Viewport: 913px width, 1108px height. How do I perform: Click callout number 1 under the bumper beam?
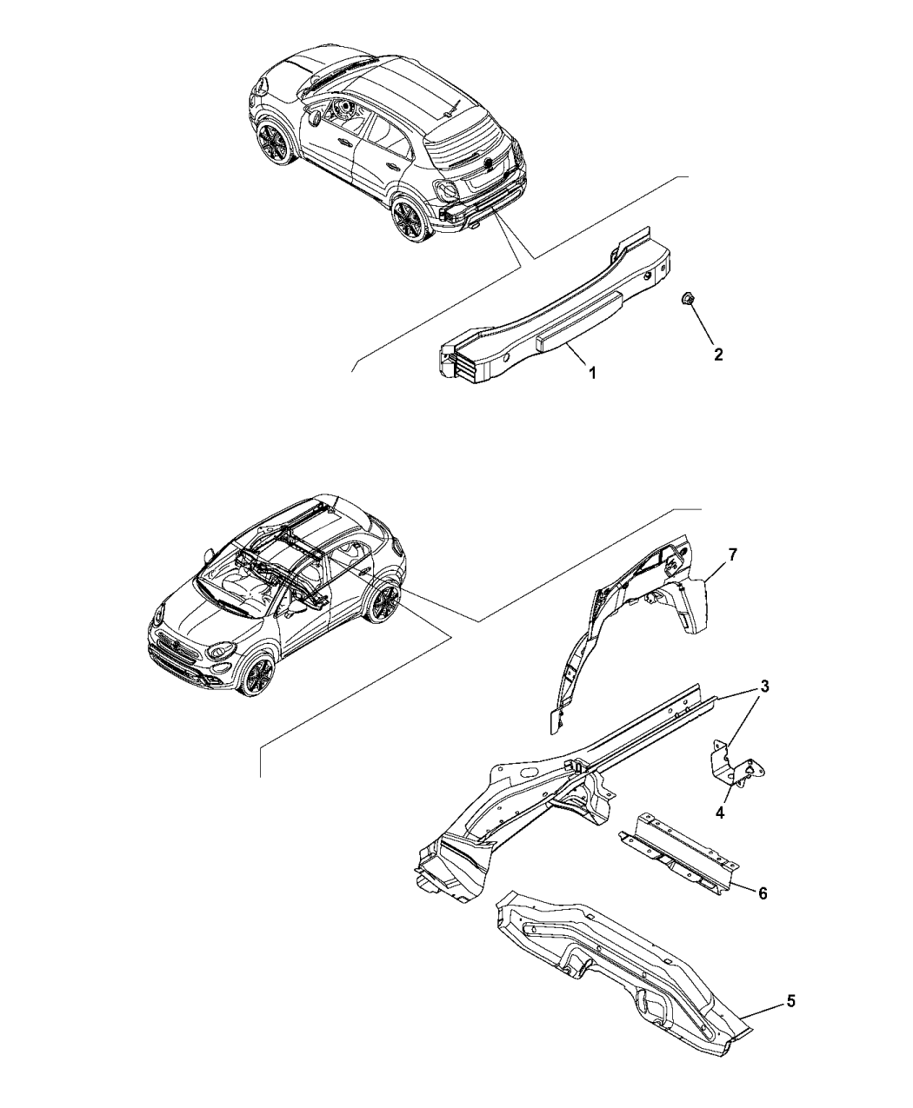click(591, 373)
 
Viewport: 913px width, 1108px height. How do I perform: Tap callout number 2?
click(718, 355)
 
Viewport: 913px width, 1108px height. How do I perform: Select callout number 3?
click(764, 687)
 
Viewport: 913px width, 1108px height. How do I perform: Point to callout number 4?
click(720, 813)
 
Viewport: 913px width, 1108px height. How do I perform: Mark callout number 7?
click(733, 555)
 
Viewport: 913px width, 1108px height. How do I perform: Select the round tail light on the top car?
click(443, 189)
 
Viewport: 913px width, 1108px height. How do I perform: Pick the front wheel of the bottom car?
click(258, 675)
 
